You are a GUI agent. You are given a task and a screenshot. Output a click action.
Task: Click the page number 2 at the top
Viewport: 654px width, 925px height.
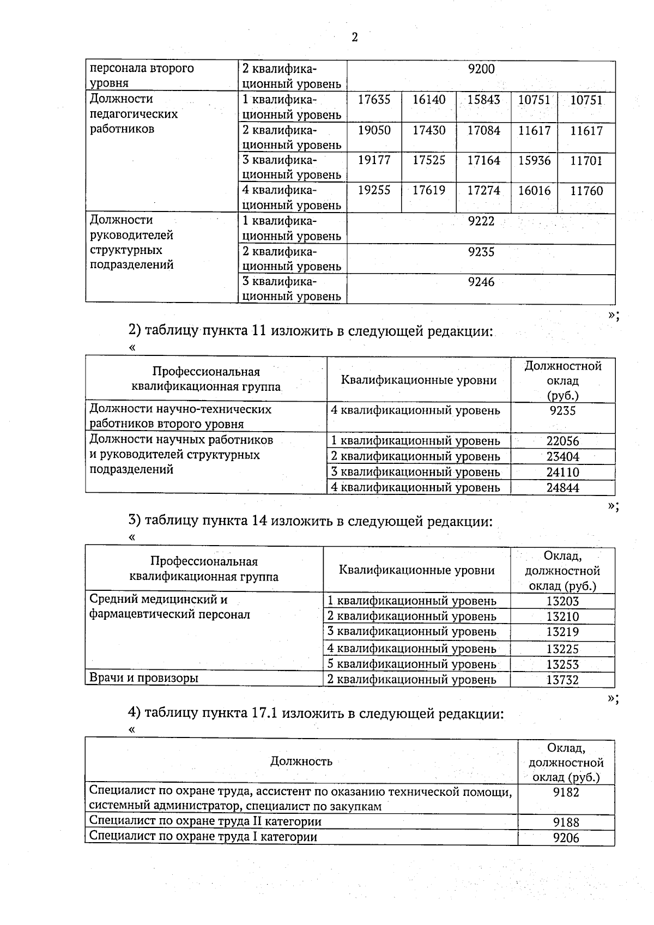(355, 37)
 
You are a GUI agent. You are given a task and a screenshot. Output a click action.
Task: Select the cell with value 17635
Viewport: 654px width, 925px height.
(374, 100)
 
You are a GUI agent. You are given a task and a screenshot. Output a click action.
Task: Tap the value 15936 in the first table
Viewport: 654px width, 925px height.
(534, 161)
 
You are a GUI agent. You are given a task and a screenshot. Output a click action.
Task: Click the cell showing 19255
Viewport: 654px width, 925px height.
(374, 190)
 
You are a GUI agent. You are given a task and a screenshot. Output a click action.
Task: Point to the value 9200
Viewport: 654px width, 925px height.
(481, 69)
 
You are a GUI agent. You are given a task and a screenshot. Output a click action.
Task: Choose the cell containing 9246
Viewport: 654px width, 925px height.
(481, 282)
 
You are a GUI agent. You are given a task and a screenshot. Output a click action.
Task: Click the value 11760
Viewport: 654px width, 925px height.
(586, 191)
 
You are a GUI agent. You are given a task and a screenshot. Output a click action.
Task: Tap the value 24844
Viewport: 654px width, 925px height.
(562, 488)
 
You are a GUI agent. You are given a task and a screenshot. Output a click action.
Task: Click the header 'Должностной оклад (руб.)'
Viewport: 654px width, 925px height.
(562, 380)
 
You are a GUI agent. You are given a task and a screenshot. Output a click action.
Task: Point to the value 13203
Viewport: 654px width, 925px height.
(562, 602)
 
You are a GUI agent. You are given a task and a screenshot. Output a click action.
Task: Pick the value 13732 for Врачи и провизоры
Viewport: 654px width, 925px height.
(562, 680)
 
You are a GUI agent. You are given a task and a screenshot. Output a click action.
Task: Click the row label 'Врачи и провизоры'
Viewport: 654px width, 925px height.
(143, 678)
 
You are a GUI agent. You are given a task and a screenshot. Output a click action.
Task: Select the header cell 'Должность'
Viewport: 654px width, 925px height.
(301, 761)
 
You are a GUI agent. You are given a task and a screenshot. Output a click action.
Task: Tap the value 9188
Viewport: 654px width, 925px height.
(566, 822)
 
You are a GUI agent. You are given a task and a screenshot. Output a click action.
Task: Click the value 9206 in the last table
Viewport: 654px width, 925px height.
(566, 838)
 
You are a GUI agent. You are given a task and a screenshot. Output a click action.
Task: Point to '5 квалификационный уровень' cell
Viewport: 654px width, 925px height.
(411, 664)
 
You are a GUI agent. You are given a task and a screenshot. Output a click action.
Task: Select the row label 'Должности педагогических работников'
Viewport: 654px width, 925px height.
(134, 114)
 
